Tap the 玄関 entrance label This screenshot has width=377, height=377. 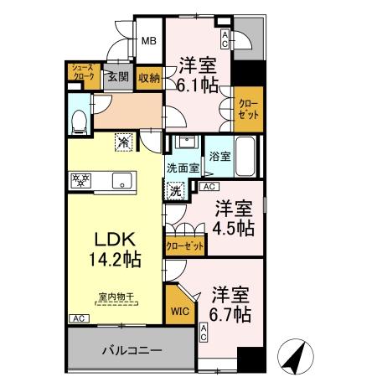(117, 78)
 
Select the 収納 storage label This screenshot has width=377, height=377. (149, 77)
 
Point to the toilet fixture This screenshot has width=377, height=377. (79, 121)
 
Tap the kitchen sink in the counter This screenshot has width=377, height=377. (119, 180)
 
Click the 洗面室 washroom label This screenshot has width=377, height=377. (181, 168)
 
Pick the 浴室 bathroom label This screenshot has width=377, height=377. (219, 156)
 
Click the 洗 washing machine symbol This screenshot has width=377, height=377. (176, 192)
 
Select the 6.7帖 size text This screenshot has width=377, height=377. (230, 314)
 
